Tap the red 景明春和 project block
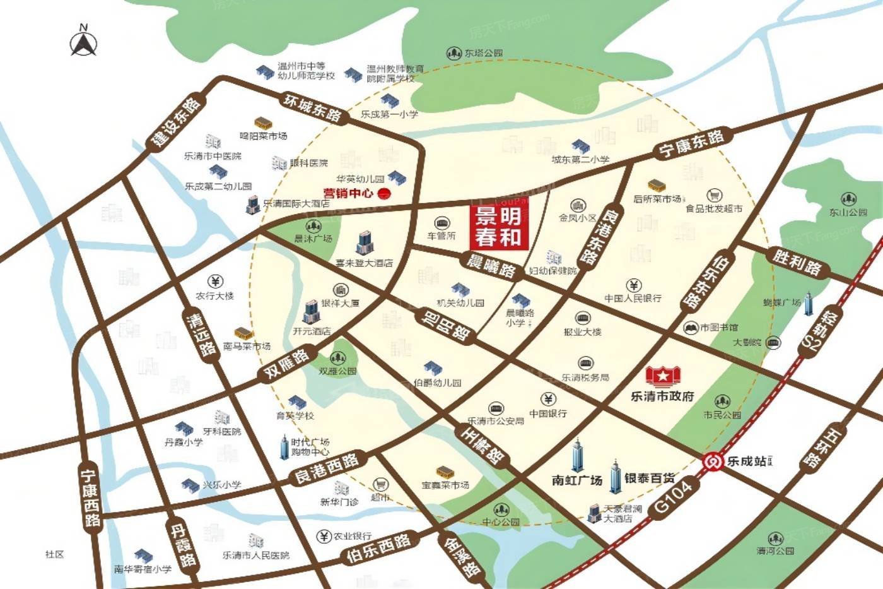(498, 227)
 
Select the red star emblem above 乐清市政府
(663, 376)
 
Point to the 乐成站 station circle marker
(713, 461)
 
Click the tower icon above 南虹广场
(578, 455)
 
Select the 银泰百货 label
(650, 479)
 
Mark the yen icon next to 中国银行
(548, 399)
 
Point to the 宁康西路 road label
(91, 498)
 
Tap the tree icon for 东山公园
(848, 197)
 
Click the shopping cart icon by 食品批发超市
(714, 195)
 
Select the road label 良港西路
(326, 468)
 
